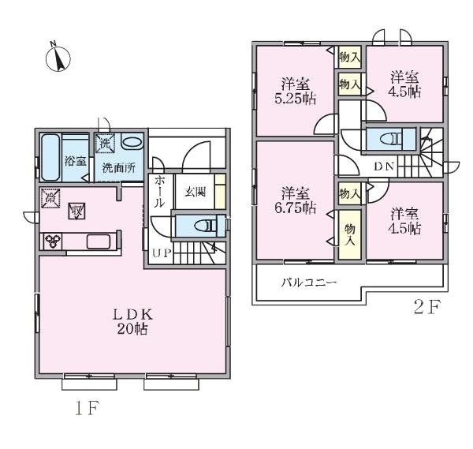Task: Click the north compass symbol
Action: point(58,58)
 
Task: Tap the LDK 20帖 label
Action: point(132,322)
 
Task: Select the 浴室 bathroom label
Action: point(76,161)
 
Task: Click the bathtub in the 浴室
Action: point(50,157)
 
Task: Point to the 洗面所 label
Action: point(118,168)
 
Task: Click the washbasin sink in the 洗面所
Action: point(132,142)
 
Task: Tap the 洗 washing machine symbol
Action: point(106,143)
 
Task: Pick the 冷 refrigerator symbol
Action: point(50,198)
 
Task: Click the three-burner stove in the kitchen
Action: point(53,241)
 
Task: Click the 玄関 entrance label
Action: point(196,192)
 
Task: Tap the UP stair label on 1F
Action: point(162,253)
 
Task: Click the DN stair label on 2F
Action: point(384,166)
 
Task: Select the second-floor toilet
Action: point(391,139)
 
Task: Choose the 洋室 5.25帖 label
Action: point(296,91)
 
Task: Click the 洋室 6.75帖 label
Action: point(296,200)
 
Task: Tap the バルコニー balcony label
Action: point(308,283)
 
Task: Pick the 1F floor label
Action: point(88,408)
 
